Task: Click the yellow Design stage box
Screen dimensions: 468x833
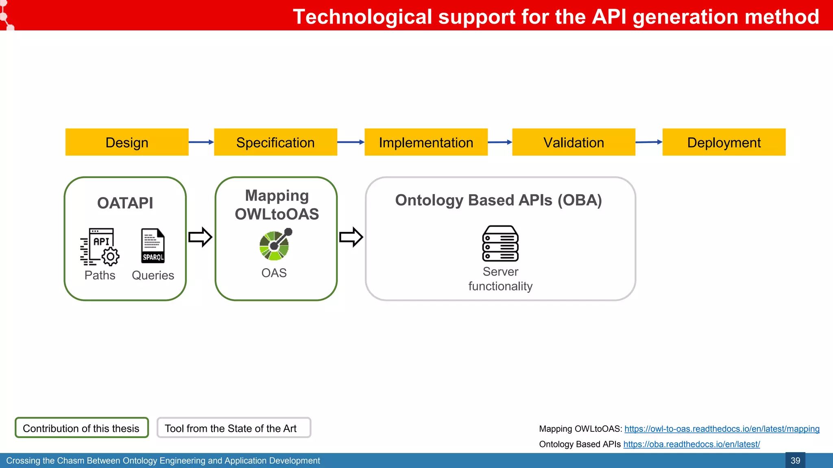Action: tap(127, 142)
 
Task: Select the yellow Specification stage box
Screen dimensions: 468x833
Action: tap(275, 142)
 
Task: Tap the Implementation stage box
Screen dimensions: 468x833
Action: tap(426, 142)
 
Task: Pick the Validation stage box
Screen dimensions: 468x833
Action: tap(574, 142)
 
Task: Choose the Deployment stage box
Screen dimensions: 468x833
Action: tap(724, 142)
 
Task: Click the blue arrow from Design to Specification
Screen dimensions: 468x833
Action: tap(201, 142)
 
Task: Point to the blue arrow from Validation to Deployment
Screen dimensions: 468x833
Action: tap(648, 142)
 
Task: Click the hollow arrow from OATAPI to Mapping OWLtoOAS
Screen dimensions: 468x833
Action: tap(200, 237)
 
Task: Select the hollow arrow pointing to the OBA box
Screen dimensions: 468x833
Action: tap(351, 237)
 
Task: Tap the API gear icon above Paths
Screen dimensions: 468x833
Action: tap(100, 247)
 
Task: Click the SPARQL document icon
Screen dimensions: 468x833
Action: tap(153, 246)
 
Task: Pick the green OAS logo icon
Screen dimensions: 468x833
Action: tap(275, 245)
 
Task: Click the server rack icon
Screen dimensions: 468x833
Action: tap(500, 243)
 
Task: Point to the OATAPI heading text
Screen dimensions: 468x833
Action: tap(125, 203)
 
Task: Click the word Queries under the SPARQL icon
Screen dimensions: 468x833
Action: tap(153, 275)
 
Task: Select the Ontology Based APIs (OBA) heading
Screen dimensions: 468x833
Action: tap(498, 200)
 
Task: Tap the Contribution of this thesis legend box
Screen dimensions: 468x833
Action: tap(81, 428)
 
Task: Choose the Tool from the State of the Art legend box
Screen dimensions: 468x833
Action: tap(233, 428)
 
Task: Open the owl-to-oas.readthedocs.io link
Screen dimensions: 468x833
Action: tap(722, 429)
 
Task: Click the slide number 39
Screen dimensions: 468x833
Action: tap(795, 460)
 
